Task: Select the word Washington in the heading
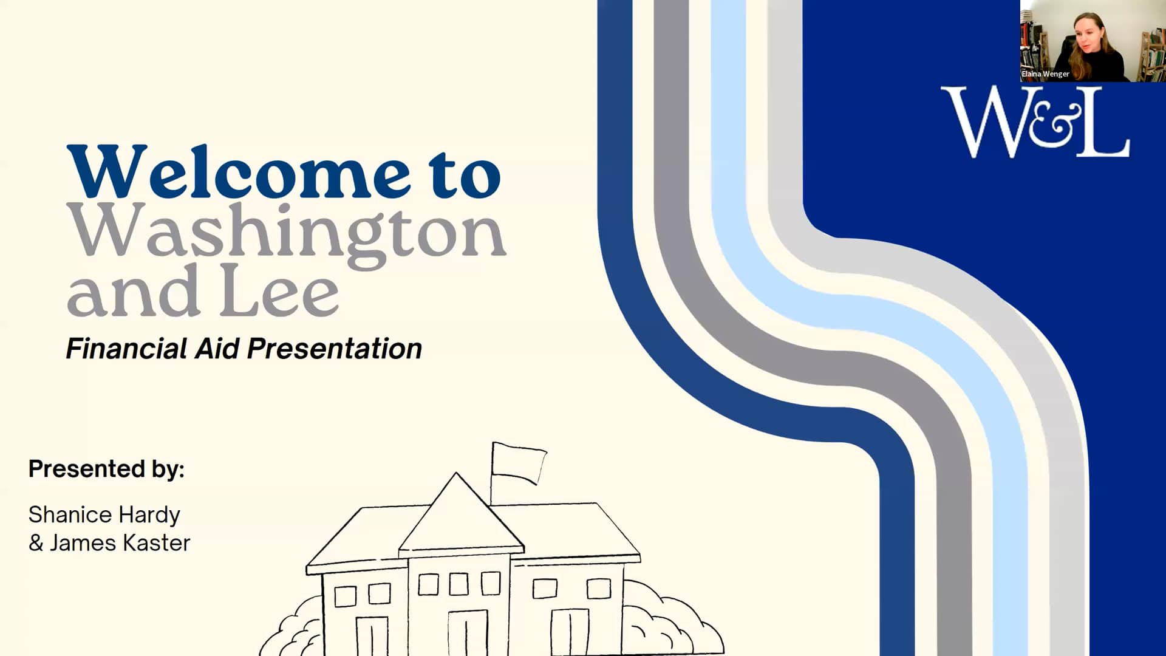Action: (287, 234)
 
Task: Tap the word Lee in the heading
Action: (279, 291)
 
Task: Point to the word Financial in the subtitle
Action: (127, 349)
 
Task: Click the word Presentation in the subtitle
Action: (335, 349)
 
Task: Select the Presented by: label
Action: (106, 470)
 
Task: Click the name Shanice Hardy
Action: (104, 516)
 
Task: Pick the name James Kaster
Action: (120, 543)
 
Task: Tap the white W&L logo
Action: (1035, 122)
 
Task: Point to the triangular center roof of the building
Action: (460, 514)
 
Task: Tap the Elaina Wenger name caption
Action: (1045, 74)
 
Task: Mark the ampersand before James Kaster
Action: (36, 543)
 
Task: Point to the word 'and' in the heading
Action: (133, 291)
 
